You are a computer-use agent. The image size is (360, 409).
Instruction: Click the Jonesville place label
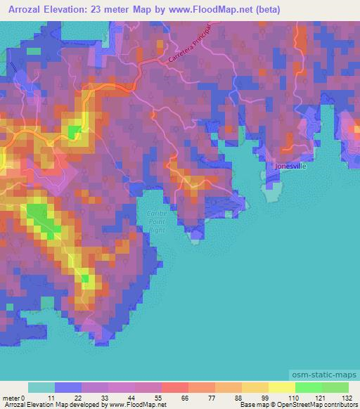pyautogui.click(x=291, y=166)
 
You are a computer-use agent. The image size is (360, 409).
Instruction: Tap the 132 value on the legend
pyautogui.click(x=348, y=397)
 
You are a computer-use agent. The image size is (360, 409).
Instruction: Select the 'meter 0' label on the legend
pyautogui.click(x=15, y=397)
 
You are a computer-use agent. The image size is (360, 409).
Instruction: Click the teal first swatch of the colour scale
pyautogui.click(x=41, y=387)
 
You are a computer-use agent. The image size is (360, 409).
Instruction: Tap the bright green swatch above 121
pyautogui.click(x=308, y=387)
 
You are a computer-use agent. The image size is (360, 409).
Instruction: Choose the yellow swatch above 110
pyautogui.click(x=281, y=387)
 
